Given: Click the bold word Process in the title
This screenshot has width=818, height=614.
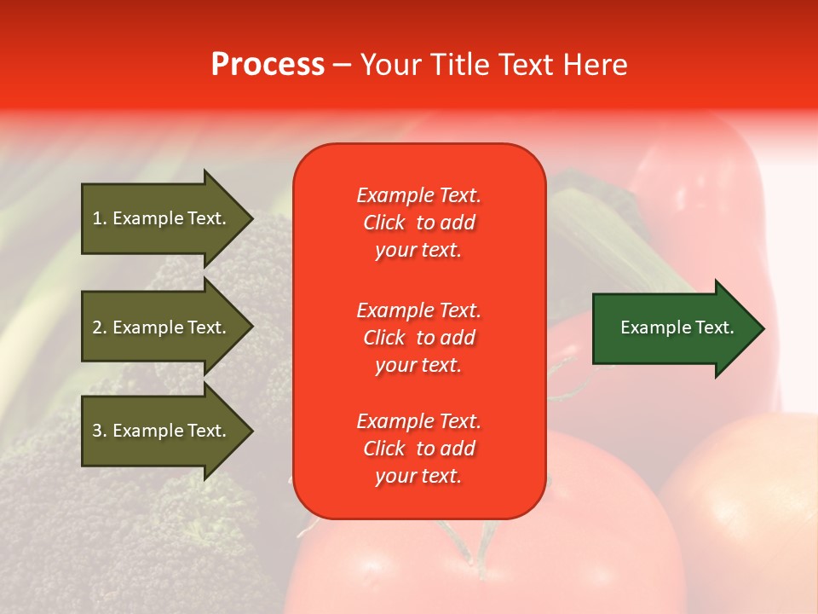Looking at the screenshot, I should pyautogui.click(x=268, y=65).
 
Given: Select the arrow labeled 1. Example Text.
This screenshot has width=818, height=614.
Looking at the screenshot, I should pyautogui.click(x=162, y=218).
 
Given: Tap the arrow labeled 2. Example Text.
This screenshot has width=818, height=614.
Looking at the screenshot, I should pyautogui.click(x=162, y=327).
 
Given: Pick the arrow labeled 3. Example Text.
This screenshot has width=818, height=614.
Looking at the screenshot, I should pyautogui.click(x=162, y=431).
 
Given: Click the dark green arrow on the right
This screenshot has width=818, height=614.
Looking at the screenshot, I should pyautogui.click(x=673, y=327).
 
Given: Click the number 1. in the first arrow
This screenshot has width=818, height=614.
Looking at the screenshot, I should pyautogui.click(x=100, y=218).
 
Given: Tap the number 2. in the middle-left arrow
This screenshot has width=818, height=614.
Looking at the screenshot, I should pyautogui.click(x=100, y=327).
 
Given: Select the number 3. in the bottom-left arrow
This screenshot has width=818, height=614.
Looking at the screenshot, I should pyautogui.click(x=100, y=431).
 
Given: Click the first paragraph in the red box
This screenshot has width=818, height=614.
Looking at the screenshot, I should pyautogui.click(x=418, y=223).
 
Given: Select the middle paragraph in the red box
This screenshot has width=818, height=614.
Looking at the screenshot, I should pyautogui.click(x=418, y=338).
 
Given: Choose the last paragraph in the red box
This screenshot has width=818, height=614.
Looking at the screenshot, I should pyautogui.click(x=418, y=449).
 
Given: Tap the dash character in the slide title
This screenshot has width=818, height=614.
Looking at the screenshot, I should pyautogui.click(x=342, y=66).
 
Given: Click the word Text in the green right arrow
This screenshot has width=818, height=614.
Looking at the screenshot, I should pyautogui.click(x=716, y=327).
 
